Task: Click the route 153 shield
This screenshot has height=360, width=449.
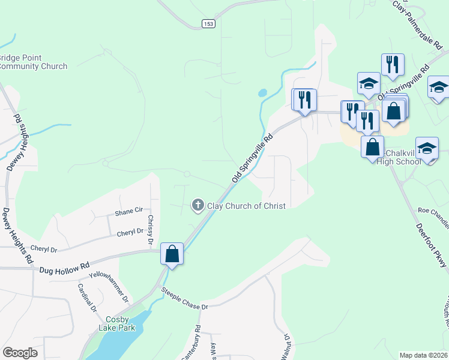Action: click(x=208, y=23)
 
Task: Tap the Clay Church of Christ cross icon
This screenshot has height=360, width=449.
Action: click(x=197, y=206)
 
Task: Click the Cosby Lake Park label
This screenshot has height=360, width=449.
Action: click(x=118, y=323)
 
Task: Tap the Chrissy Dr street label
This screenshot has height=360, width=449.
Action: click(x=151, y=230)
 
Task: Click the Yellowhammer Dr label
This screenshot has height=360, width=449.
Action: click(x=109, y=287)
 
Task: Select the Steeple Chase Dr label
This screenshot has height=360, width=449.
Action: click(x=184, y=298)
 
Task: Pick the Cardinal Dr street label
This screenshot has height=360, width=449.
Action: click(x=86, y=298)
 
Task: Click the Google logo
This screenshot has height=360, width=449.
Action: click(x=20, y=353)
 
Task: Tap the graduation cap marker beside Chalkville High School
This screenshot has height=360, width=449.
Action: click(x=427, y=148)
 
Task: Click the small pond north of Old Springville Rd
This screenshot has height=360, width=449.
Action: click(x=262, y=94)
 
